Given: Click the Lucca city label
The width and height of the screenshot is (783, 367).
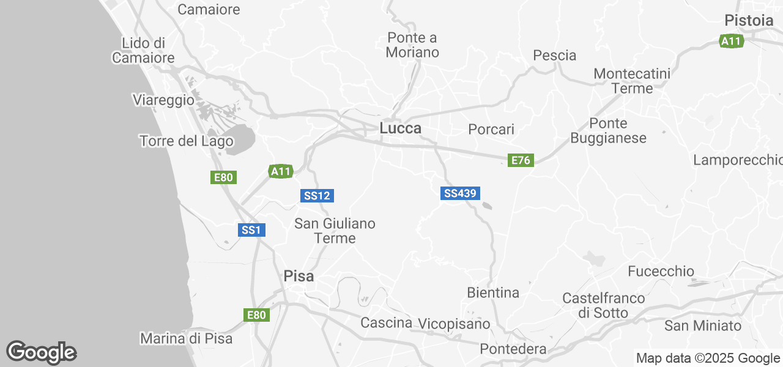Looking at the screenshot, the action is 400,128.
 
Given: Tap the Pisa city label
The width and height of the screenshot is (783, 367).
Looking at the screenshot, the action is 299,276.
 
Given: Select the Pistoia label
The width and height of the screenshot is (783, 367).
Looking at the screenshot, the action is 749,20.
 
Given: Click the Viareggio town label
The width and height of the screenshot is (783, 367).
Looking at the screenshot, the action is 163,100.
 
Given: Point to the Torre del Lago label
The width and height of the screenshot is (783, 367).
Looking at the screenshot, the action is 186,141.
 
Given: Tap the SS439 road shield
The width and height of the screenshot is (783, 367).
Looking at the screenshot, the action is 460,193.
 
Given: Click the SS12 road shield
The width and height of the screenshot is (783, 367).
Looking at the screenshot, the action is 317,196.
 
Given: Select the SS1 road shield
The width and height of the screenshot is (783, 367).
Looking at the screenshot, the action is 251,230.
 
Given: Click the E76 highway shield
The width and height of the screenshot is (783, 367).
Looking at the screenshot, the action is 521,160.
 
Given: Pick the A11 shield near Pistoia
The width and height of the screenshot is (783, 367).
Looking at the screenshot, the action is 731,41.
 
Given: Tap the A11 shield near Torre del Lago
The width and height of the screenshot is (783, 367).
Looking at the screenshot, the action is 281,171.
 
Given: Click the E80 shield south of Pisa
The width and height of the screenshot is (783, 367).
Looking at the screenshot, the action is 256,315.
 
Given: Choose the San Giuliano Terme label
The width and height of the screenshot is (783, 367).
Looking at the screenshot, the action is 335,231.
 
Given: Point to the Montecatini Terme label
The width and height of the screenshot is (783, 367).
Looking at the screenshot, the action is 632,81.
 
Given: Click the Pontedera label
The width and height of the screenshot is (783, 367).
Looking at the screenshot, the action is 513,349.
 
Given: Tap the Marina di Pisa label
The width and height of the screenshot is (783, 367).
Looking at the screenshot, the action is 186,338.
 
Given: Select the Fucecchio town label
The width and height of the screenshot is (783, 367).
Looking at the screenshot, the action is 661,271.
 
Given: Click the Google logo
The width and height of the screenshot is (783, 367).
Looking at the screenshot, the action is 41,352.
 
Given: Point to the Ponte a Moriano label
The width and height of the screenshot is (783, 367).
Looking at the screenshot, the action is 412,45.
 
